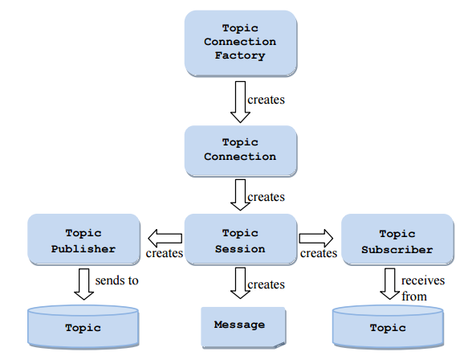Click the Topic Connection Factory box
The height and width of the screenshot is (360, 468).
click(241, 43)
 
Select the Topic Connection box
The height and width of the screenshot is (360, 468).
click(241, 151)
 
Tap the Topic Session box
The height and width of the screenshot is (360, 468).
click(241, 239)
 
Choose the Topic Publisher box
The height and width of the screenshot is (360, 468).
click(83, 239)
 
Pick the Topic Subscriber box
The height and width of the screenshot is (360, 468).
click(397, 239)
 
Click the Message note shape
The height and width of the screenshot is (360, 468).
click(243, 328)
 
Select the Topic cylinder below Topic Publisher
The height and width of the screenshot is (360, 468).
click(83, 327)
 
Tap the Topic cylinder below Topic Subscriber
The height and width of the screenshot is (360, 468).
click(388, 327)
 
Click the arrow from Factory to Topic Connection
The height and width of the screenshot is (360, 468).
click(240, 102)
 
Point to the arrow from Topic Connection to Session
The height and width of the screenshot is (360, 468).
click(240, 194)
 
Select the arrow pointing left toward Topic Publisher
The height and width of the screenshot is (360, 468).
click(165, 238)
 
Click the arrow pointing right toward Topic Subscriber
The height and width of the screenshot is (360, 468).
click(316, 238)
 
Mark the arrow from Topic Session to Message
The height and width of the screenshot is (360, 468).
click(240, 283)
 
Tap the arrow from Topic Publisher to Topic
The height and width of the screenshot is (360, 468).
click(83, 284)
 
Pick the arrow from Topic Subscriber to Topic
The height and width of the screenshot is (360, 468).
click(390, 284)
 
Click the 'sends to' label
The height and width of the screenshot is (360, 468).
click(116, 280)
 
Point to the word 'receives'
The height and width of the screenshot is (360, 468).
click(423, 280)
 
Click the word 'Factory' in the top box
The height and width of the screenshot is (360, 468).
click(240, 55)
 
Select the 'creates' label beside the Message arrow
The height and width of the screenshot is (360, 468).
click(266, 284)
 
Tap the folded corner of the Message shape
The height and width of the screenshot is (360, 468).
click(281, 345)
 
